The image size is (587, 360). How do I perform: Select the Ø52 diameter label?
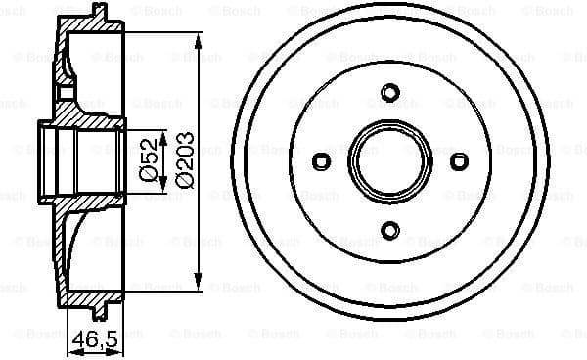click(147, 159)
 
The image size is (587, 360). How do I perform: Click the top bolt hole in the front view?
click(390, 93)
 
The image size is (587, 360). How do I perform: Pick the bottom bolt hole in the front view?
click(390, 231)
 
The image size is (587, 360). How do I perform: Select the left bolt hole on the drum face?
click(322, 162)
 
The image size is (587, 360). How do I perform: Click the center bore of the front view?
click(390, 162)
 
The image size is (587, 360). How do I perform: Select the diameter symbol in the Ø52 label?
click(147, 175)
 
